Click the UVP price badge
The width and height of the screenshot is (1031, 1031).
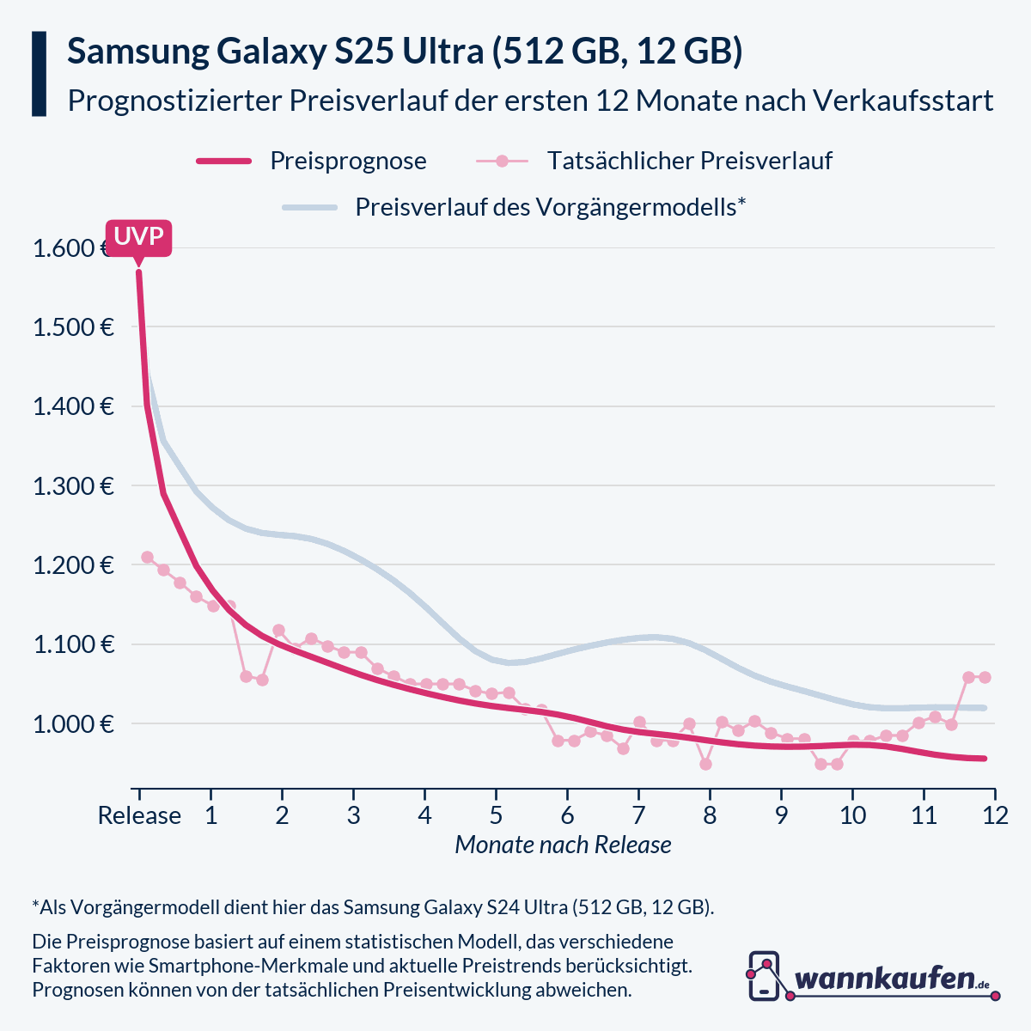click(139, 237)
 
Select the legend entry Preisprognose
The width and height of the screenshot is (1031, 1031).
click(347, 161)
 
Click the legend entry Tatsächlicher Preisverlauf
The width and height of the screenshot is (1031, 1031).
click(689, 161)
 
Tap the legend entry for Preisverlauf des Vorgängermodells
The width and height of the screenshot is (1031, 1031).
click(550, 207)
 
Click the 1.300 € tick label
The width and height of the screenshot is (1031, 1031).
click(74, 486)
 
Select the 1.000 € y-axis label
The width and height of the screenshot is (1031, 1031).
click(74, 724)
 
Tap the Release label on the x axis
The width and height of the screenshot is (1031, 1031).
click(139, 815)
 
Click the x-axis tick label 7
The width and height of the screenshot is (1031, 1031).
click(638, 815)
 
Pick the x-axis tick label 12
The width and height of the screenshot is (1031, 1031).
click(995, 815)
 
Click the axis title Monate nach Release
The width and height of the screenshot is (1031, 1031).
click(563, 845)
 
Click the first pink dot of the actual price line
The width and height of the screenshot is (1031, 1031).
click(147, 558)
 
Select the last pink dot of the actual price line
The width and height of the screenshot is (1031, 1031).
click(985, 677)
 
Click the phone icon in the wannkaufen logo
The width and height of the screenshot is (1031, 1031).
click(764, 976)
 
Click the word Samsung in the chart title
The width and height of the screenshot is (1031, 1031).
click(137, 52)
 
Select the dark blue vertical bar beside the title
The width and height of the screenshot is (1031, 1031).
click(39, 74)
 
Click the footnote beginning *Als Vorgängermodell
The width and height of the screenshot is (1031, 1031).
click(373, 907)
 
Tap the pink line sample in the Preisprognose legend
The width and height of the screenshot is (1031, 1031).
click(223, 161)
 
